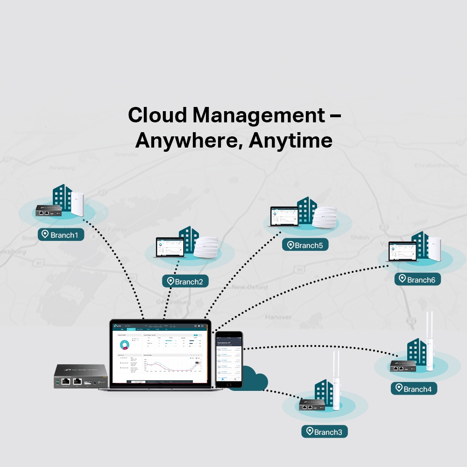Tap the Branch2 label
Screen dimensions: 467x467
[185, 281]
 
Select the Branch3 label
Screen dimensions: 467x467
[325, 432]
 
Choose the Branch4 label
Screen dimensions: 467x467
[414, 389]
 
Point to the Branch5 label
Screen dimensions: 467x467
[305, 245]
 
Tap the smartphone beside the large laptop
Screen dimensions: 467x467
[229, 359]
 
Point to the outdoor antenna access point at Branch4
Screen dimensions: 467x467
[429, 341]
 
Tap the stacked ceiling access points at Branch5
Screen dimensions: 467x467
[325, 218]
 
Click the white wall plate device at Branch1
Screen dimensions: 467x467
[77, 204]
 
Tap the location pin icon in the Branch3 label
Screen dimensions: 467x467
[309, 432]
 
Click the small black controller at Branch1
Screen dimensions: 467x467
[49, 211]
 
